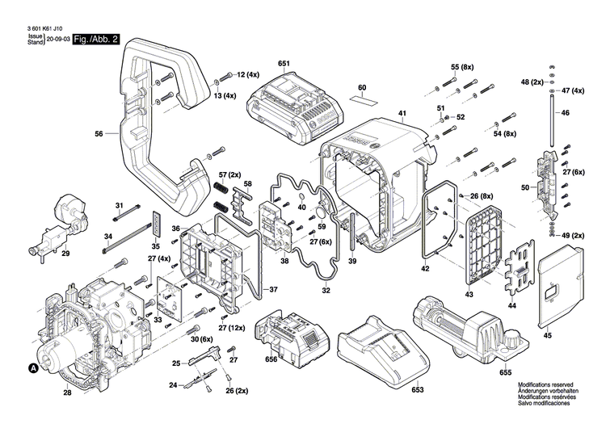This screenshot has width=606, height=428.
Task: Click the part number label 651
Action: pos(283,62)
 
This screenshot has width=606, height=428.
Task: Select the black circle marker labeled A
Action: pos(33,369)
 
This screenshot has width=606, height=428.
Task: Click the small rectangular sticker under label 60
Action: pos(364,101)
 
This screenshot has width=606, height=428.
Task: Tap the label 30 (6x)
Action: pos(200,341)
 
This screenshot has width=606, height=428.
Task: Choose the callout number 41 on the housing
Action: pos(402,112)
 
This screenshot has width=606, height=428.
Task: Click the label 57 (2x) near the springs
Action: pos(229,174)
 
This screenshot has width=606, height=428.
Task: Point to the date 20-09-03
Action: pos(57,39)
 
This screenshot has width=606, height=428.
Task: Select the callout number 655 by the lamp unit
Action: pos(505,373)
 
